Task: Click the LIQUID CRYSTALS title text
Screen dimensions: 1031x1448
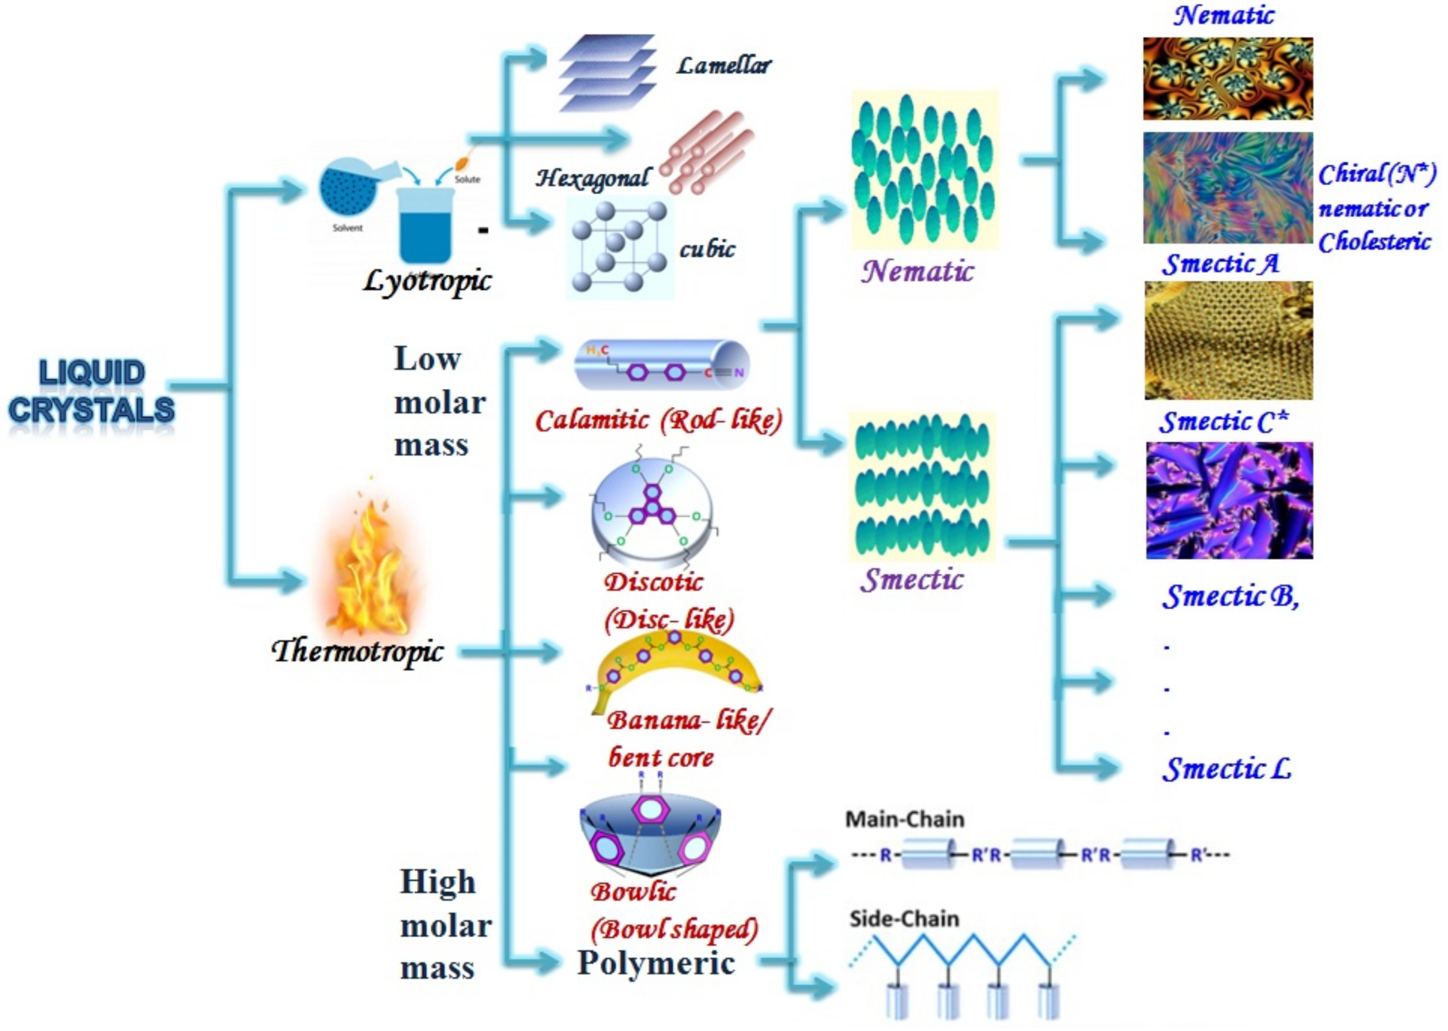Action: coord(91,391)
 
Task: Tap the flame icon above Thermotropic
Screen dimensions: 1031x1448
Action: coord(368,565)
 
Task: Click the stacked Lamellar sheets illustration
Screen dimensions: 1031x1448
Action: coord(606,73)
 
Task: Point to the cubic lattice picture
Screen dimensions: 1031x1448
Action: coord(619,248)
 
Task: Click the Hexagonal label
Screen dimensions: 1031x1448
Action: coord(592,178)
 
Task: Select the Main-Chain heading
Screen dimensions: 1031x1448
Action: coord(904,820)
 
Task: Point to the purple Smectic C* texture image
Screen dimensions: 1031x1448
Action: coord(1229,500)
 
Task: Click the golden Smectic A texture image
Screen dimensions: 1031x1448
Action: coord(1229,340)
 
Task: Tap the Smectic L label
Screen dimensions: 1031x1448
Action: coord(1226,769)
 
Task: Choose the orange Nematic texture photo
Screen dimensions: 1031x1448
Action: coord(1228,79)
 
